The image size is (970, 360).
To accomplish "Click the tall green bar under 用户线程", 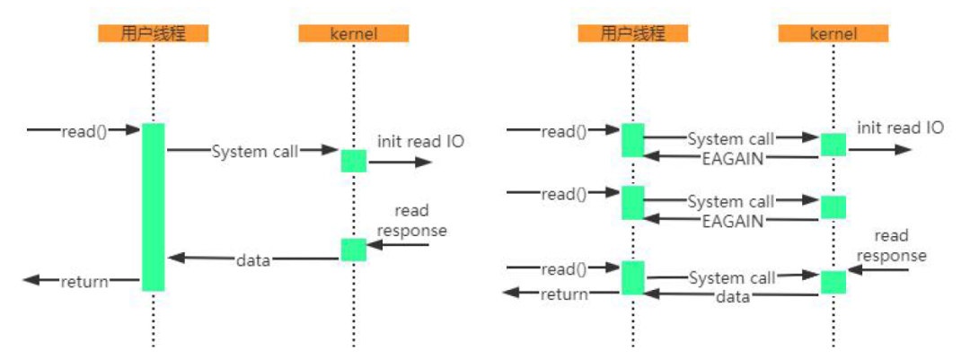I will coord(154,206).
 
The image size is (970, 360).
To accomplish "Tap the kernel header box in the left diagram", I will coord(354,34).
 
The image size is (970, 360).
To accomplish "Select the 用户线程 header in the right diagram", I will coord(633,34).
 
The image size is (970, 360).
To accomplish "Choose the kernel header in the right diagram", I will coord(833,34).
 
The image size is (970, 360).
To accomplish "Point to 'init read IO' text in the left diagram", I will coord(420,141).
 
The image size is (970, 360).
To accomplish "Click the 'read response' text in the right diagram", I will coord(891,246).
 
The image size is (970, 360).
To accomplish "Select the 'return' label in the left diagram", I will coord(84,282).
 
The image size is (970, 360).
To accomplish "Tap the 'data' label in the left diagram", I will coord(253,260).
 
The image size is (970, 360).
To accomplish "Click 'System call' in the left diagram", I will coord(255,152).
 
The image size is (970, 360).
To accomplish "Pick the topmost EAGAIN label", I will coord(733,158).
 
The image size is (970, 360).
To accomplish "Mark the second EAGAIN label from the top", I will coord(733,221).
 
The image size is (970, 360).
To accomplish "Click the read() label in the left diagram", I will coord(84,131).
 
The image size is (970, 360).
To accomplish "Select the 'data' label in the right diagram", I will coord(733,296).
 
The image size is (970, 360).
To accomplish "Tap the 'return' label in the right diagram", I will coord(564,294).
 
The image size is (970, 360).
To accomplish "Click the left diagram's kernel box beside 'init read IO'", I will coord(353,161).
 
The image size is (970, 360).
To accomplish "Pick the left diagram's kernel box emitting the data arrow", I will coord(353,250).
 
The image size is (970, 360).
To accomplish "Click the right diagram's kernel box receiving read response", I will coord(833,282).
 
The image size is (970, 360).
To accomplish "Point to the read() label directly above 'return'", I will coord(563,268).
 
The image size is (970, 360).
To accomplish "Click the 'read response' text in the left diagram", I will coord(411,221).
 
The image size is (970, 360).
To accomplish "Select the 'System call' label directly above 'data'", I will coord(731,278).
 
